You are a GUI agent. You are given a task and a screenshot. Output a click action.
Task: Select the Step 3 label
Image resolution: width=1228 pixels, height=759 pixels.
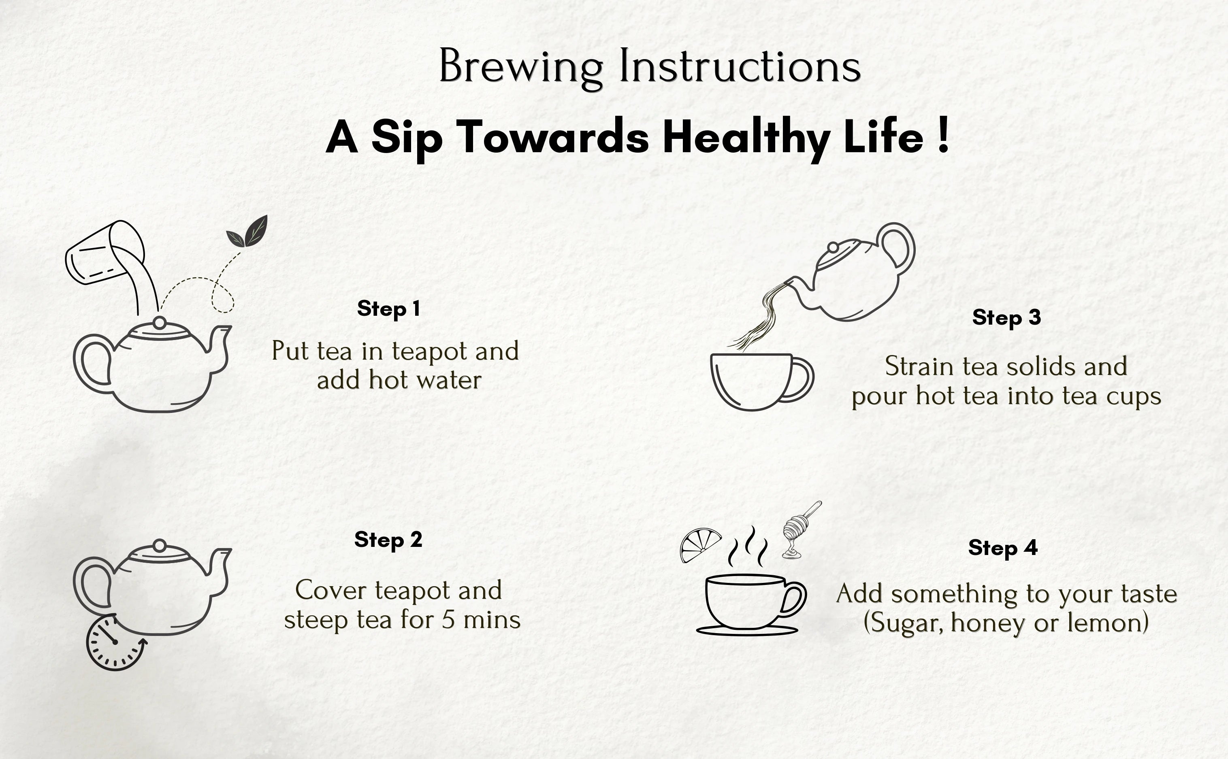1006,318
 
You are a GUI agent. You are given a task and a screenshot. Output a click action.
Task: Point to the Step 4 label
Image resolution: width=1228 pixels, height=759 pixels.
1002,548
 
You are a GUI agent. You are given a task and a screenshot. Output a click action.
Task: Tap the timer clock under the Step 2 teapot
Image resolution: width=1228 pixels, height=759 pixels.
115,642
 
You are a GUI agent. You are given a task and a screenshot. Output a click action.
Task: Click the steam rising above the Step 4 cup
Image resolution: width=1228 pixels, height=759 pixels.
748,547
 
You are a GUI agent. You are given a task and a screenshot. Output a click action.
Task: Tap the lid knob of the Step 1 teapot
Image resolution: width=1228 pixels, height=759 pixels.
159,322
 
